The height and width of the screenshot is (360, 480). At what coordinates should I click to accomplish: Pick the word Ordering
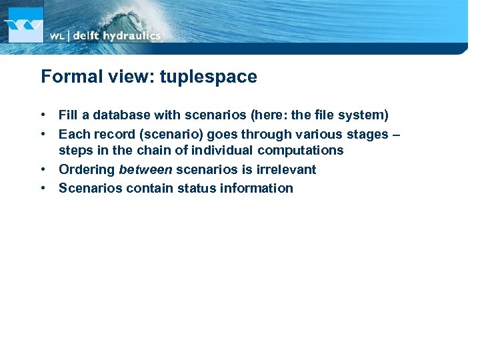click(87, 169)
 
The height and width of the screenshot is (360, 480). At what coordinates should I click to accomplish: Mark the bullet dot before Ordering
click(43, 169)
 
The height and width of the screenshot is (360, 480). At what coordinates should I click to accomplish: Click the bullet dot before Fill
click(43, 115)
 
